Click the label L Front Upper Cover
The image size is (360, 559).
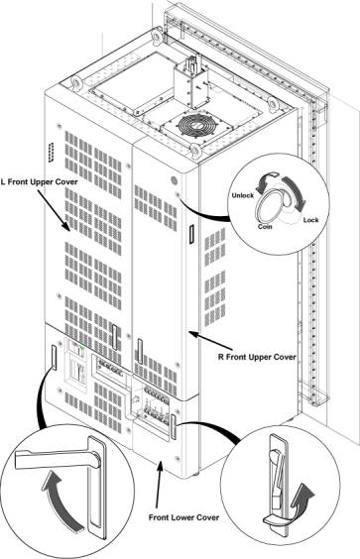click(x=39, y=182)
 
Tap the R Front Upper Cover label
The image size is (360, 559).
click(x=257, y=357)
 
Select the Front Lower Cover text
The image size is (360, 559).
click(x=183, y=517)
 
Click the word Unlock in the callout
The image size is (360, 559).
click(x=243, y=195)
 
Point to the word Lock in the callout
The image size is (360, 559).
click(x=310, y=220)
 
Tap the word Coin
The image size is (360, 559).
click(x=265, y=226)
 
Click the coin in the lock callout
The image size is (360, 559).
click(x=270, y=206)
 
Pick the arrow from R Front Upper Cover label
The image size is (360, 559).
click(x=210, y=341)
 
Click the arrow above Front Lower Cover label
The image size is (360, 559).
click(x=159, y=484)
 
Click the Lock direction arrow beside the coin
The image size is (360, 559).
click(x=297, y=192)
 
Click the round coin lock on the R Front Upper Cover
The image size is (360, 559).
click(x=175, y=180)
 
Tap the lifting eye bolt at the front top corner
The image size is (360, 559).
click(x=195, y=150)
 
